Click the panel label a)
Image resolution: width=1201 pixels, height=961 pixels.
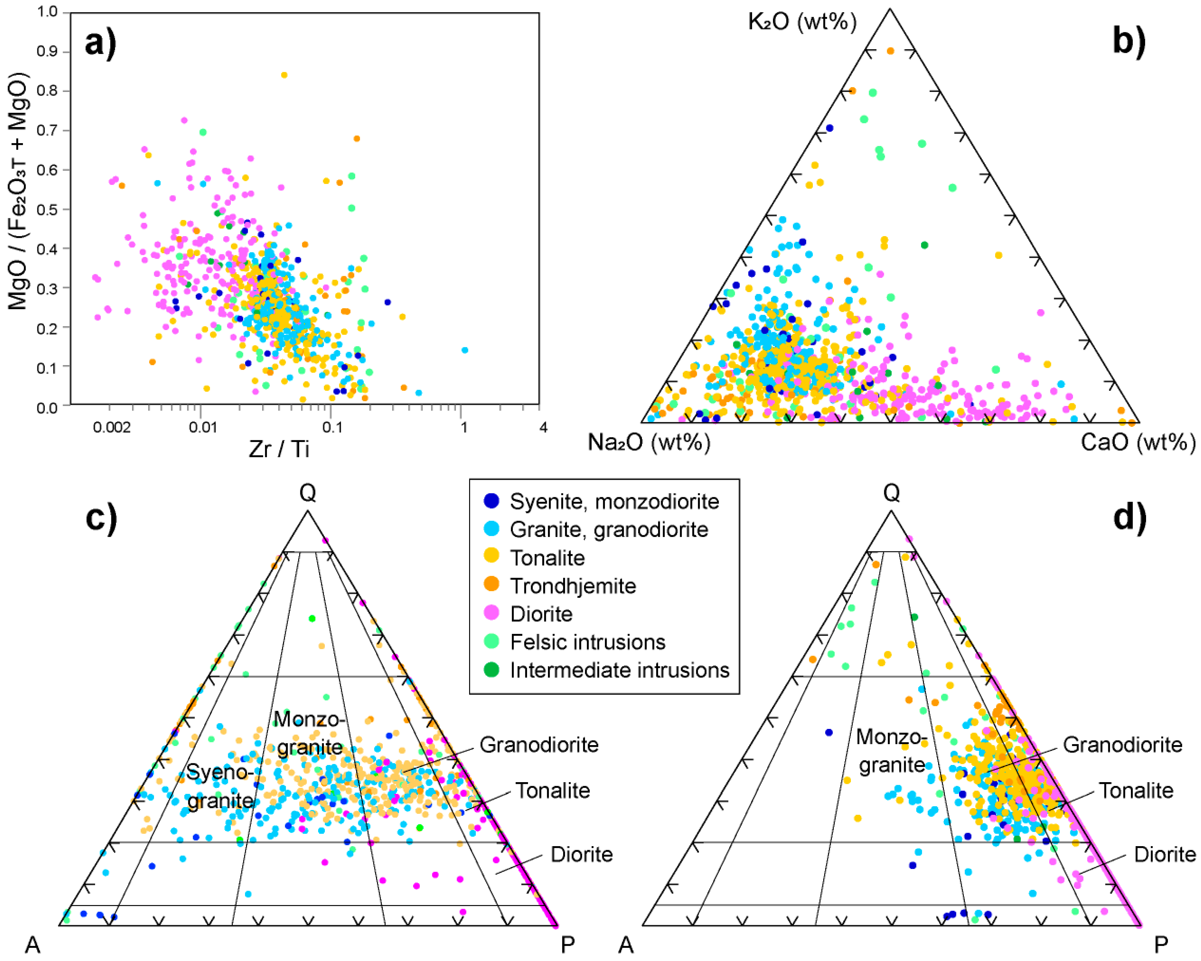tap(100, 43)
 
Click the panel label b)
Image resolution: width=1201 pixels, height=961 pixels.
tap(1129, 41)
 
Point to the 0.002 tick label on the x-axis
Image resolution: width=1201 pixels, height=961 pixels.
tap(112, 427)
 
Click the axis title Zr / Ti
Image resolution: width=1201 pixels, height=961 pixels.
tap(279, 449)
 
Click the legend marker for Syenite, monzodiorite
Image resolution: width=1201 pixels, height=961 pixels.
tap(491, 501)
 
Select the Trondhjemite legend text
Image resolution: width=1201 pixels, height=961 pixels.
tap(573, 586)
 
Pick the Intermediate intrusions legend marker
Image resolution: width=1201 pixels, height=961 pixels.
tap(491, 669)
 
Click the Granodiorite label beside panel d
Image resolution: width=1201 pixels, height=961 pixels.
tap(1122, 744)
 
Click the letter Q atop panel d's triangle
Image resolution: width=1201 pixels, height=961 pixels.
tap(891, 492)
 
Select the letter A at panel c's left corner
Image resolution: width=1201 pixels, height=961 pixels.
tap(32, 945)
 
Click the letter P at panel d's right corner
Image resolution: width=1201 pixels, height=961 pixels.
tap(1161, 945)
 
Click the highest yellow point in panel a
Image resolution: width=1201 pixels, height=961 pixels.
tap(284, 74)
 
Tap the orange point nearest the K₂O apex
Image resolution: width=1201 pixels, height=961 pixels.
tap(890, 51)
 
